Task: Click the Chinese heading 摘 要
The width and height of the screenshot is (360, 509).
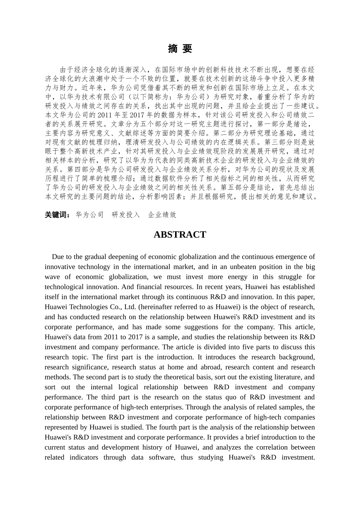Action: (x=180, y=48)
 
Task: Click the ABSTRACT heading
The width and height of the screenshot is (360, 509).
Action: (x=180, y=235)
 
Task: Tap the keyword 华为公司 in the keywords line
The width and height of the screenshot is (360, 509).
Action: (x=89, y=215)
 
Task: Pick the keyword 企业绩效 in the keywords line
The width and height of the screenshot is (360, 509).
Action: (x=162, y=215)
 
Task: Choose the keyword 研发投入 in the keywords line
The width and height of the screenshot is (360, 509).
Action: (x=126, y=215)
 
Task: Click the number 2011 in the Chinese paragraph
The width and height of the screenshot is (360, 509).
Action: (x=104, y=115)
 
